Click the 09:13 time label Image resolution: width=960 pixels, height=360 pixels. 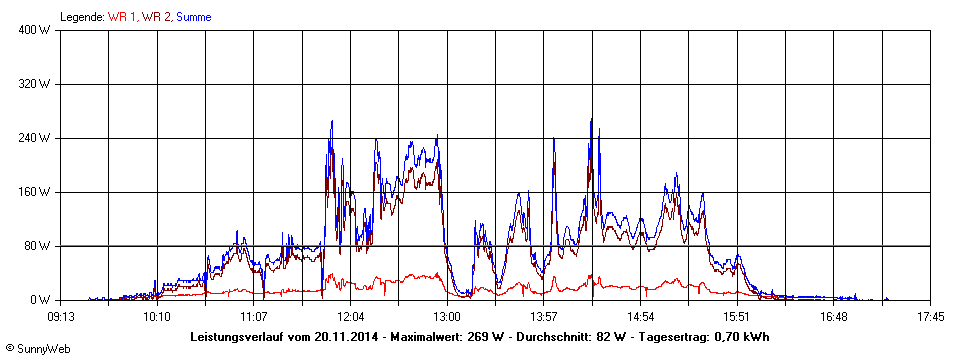click(61, 316)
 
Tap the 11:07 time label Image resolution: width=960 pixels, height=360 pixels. click(254, 316)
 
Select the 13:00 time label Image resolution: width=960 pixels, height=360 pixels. click(447, 316)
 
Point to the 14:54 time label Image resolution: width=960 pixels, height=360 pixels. click(640, 316)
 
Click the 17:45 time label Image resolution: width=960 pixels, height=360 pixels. click(930, 316)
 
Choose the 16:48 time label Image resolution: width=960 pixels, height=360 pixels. click(833, 316)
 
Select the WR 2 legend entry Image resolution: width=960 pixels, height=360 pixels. click(156, 17)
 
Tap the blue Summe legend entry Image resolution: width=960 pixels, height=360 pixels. click(194, 17)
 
